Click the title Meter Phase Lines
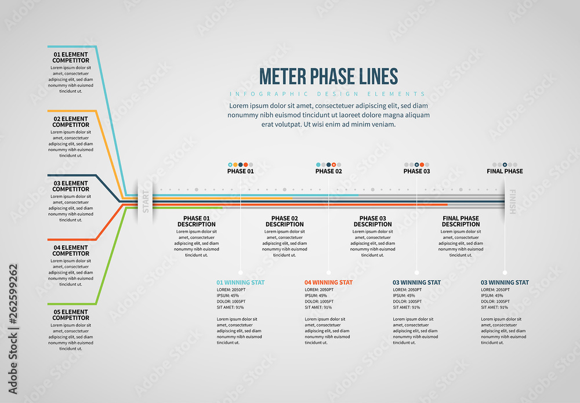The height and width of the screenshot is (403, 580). tap(328, 77)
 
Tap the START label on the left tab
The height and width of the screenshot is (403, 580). tap(146, 201)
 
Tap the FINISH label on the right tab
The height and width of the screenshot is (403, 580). tap(512, 201)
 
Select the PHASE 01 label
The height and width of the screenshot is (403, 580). tap(240, 171)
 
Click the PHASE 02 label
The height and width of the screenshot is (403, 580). tap(328, 171)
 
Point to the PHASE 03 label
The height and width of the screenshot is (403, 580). tap(416, 171)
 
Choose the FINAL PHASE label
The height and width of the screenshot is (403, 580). tap(505, 171)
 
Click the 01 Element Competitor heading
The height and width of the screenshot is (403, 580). tap(71, 57)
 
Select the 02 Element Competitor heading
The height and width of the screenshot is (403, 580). tap(71, 122)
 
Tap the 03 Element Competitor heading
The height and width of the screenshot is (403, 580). tap(71, 186)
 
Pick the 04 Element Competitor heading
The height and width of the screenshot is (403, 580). tap(71, 250)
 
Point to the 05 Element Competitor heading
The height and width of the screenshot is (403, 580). tap(71, 315)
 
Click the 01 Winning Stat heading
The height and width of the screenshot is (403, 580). tap(241, 282)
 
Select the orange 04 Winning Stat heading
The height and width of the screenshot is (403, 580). tap(328, 282)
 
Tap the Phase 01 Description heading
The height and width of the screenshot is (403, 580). tap(196, 222)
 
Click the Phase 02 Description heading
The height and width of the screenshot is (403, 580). tap(284, 222)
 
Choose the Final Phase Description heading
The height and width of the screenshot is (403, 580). tap(461, 222)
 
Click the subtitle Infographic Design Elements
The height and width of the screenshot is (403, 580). tap(328, 94)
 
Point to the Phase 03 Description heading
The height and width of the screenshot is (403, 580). tap(372, 222)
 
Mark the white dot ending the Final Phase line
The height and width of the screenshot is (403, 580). tap(505, 272)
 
